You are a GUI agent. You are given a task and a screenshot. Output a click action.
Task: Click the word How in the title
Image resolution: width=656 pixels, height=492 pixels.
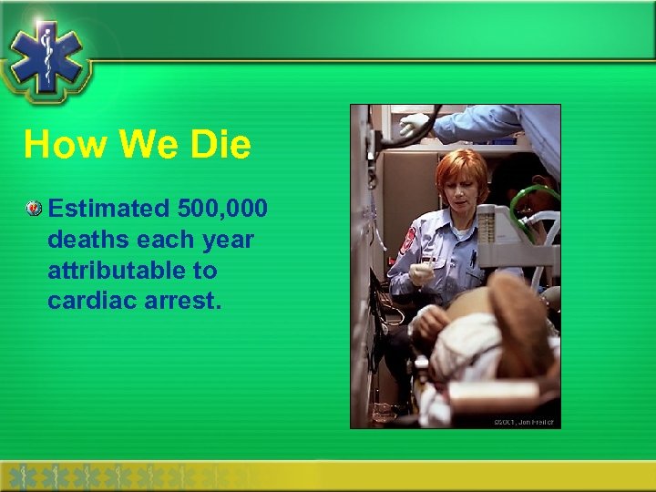57,145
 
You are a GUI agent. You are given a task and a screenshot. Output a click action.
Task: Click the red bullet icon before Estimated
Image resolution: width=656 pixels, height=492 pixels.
34,210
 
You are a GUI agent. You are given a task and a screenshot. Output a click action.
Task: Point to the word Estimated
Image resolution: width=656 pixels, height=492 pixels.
108,209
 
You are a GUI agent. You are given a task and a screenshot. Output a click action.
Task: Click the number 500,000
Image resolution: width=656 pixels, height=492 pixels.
222,209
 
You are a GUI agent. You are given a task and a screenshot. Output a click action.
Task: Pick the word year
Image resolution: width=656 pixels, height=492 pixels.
228,240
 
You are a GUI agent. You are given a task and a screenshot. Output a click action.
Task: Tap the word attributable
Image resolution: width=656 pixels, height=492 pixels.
131,271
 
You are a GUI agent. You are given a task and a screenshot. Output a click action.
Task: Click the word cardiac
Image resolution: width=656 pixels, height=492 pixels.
87,301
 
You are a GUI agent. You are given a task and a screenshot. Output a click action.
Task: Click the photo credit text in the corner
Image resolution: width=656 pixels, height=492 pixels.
524,422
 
